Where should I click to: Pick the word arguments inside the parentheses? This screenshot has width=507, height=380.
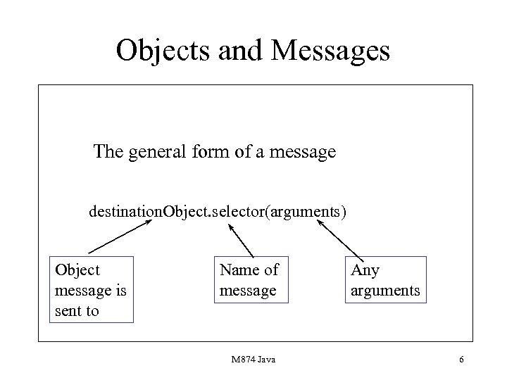[x=303, y=210]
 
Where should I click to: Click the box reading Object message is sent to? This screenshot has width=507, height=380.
[x=92, y=290]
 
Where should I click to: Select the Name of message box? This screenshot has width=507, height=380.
[x=251, y=279]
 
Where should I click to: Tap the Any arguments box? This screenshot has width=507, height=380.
[x=384, y=280]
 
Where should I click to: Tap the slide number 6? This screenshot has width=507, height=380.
[x=461, y=360]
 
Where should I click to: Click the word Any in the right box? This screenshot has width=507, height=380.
[x=364, y=270]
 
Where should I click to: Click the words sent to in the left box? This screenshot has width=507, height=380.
[x=77, y=310]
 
